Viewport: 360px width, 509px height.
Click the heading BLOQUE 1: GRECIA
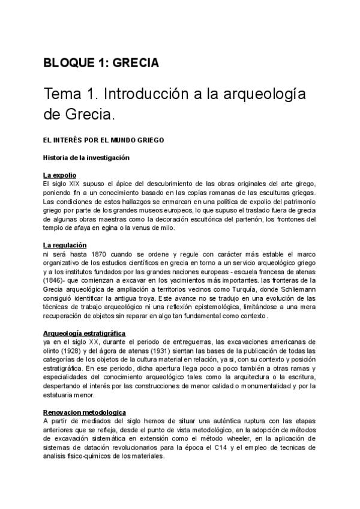coord(100,62)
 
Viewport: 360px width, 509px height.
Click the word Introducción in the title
coord(146,94)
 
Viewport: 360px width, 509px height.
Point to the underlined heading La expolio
coord(59,175)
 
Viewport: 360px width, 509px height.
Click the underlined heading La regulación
coord(65,245)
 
